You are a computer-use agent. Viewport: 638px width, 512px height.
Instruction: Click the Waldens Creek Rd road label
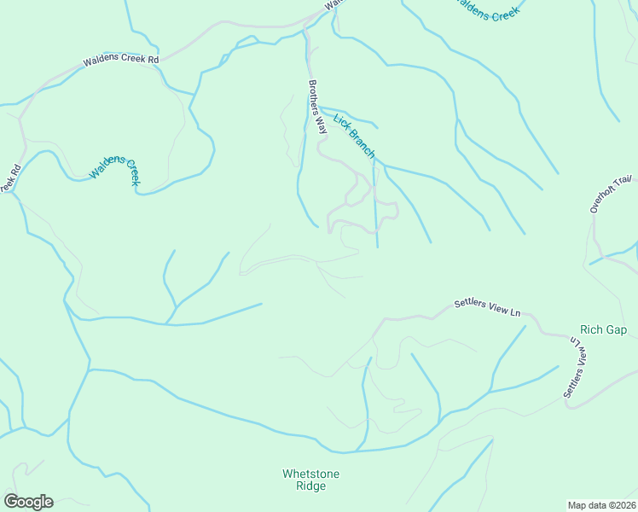(121, 61)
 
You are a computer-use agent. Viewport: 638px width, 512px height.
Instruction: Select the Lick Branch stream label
(354, 135)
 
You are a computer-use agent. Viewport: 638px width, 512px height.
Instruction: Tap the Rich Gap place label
(603, 329)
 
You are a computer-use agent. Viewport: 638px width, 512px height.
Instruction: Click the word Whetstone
(310, 474)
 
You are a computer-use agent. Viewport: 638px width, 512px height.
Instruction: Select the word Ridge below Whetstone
(310, 486)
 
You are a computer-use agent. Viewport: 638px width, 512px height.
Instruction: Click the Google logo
(28, 502)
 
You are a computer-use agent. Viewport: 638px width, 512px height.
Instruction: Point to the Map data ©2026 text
(601, 504)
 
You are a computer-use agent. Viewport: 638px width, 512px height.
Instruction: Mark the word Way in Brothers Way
(321, 126)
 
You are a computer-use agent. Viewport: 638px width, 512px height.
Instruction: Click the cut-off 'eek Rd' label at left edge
(9, 178)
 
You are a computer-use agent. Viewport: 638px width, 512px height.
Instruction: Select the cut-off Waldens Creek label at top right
(486, 10)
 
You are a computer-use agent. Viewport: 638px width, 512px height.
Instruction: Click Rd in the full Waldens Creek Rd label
(153, 60)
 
